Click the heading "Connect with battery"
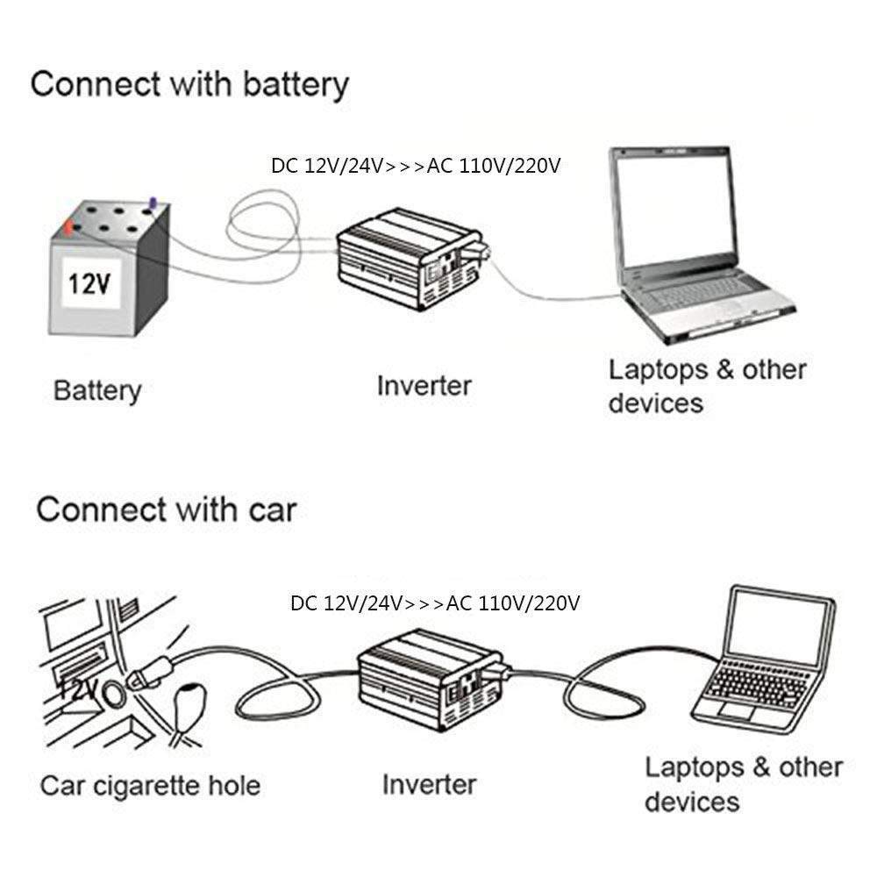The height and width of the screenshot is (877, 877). point(189,85)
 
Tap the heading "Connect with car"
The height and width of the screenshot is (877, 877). point(167,510)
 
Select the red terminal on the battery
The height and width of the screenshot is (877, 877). point(68,227)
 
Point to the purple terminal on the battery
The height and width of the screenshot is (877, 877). point(154,203)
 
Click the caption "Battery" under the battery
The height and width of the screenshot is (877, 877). point(97,390)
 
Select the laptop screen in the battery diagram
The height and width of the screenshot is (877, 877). point(672,210)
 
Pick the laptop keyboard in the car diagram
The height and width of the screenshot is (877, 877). point(754,684)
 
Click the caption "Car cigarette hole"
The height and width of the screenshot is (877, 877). point(150,784)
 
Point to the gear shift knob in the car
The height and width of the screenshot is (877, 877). point(191,702)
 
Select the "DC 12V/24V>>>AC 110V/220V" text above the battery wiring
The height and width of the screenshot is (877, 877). point(416,166)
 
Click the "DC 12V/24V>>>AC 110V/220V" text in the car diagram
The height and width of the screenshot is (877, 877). point(435,603)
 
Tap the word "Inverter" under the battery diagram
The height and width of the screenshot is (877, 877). point(424,385)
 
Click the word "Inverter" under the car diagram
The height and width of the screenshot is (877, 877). point(429,784)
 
